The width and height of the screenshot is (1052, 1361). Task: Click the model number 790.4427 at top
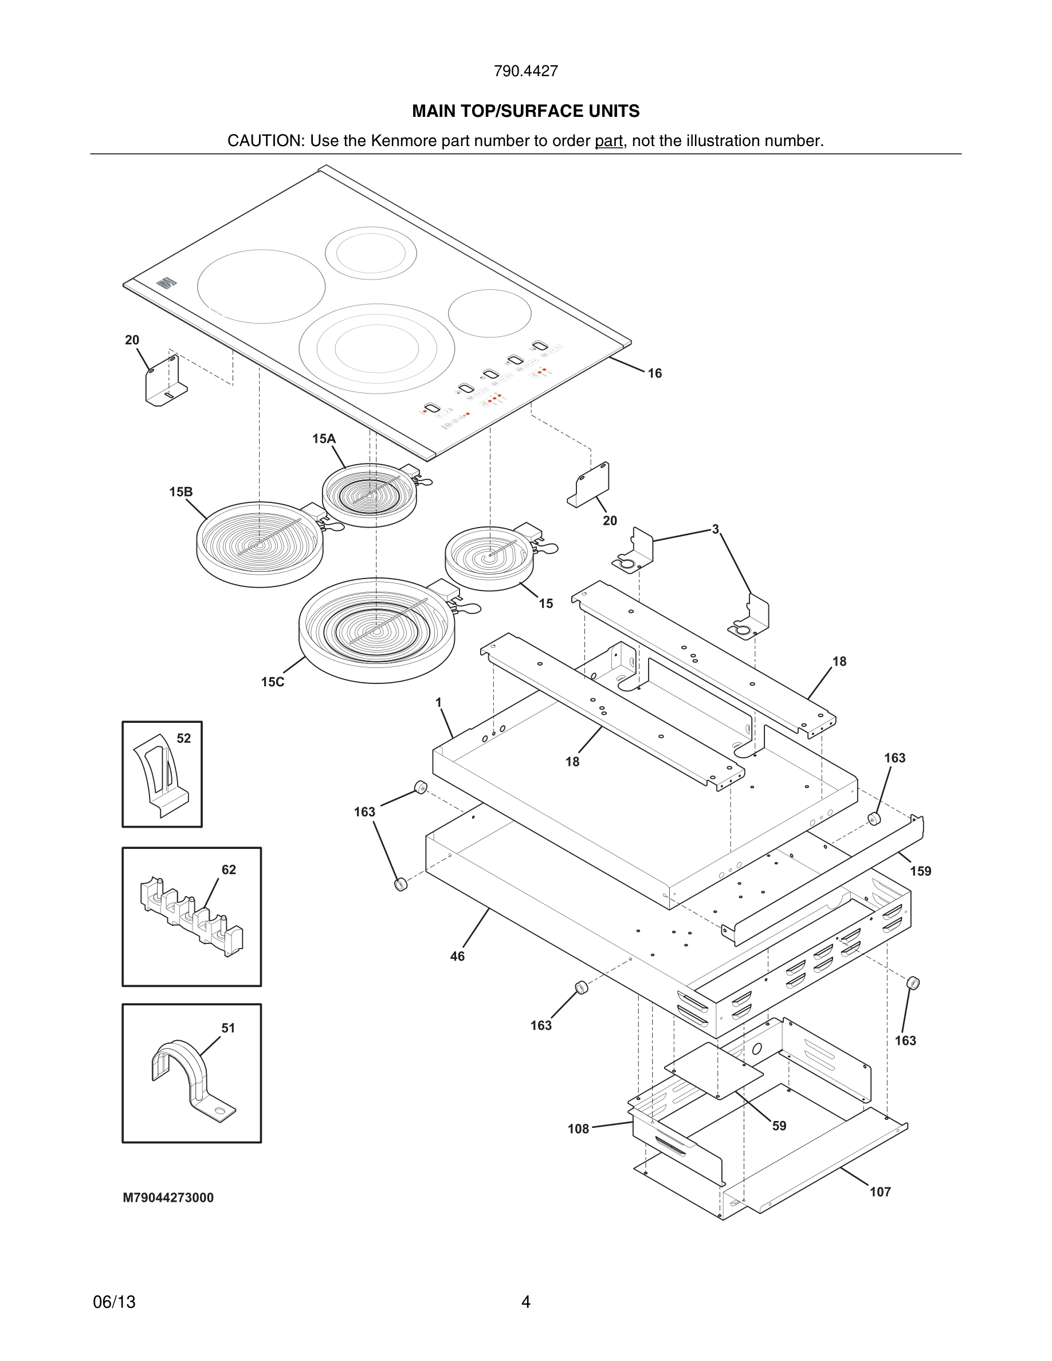tap(525, 71)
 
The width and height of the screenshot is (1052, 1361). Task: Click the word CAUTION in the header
tap(264, 141)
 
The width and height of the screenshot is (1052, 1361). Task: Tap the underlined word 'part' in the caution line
tap(609, 141)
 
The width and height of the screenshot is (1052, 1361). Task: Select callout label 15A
tap(324, 439)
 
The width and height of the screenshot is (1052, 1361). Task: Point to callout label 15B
tap(180, 491)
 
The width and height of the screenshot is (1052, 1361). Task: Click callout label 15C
tap(272, 682)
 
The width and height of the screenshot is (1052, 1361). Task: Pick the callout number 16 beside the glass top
tap(654, 373)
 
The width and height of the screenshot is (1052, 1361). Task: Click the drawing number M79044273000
tap(168, 1198)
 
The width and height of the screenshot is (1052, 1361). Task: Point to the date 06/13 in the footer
tap(114, 1302)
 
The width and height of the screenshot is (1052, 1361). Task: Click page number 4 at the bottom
tap(525, 1302)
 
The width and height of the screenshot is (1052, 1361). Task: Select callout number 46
tap(457, 957)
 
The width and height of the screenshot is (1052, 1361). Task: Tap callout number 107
tap(880, 1192)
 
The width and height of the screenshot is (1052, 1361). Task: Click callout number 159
tap(920, 871)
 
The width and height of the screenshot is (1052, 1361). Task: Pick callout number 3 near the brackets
tap(716, 529)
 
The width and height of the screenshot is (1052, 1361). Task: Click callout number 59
tap(779, 1126)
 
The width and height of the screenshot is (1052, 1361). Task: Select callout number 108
tap(578, 1128)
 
